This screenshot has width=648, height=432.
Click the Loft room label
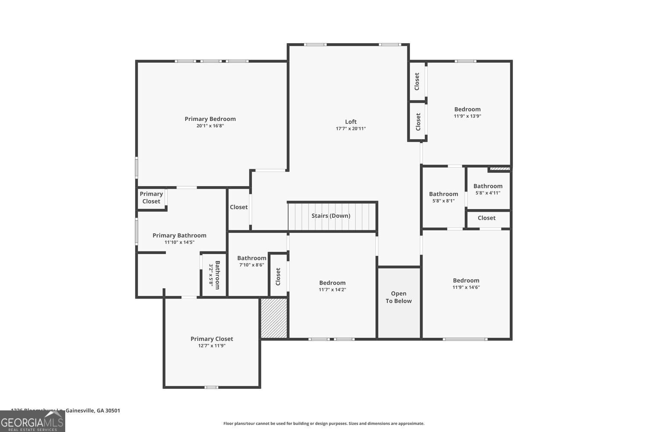pos(351,122)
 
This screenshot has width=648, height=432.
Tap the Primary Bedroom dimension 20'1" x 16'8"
pos(210,126)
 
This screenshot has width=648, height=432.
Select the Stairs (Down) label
pos(331,216)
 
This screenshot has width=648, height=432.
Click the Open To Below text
pos(398,297)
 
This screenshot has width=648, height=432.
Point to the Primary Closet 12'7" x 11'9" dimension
pos(212,346)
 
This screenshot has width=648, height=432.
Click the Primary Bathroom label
pos(179,235)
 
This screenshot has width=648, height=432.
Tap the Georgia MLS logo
pos(32,421)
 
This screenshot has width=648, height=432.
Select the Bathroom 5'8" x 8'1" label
pos(443,194)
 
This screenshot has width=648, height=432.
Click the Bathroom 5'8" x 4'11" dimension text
pos(488,193)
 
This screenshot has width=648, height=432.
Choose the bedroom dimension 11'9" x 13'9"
pos(467,116)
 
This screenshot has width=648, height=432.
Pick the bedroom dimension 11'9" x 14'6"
pos(466,287)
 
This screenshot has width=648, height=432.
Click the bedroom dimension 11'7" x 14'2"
pos(332,290)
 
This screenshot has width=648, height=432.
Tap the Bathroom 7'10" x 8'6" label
pos(251,258)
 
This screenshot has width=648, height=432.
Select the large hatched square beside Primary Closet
pos(274,318)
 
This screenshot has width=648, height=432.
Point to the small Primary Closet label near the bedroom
pos(151,198)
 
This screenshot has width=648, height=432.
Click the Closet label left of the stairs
pos(238,207)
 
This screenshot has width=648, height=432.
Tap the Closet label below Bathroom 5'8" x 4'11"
pos(486,218)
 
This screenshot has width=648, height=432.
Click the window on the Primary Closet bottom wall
pos(211,387)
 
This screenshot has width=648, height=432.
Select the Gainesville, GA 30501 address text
pos(93,410)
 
